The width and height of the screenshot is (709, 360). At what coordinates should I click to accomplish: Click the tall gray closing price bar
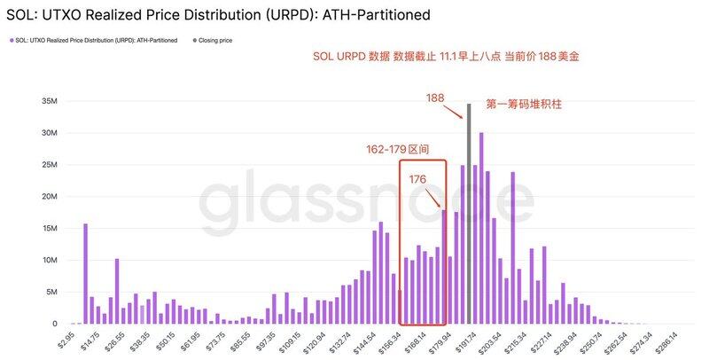pos(469,213)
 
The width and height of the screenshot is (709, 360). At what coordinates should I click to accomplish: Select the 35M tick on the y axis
pos(49,101)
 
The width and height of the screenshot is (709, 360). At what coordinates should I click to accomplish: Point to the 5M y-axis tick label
pos(51,292)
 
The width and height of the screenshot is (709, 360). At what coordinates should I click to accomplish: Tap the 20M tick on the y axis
pos(49,197)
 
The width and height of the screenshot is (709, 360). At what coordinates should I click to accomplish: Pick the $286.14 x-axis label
pos(665,340)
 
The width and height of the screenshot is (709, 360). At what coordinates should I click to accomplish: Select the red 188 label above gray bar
pos(434,98)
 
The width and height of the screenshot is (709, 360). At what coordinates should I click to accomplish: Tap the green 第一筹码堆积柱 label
pos(525,104)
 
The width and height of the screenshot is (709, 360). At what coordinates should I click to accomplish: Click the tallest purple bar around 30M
pos(481,228)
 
